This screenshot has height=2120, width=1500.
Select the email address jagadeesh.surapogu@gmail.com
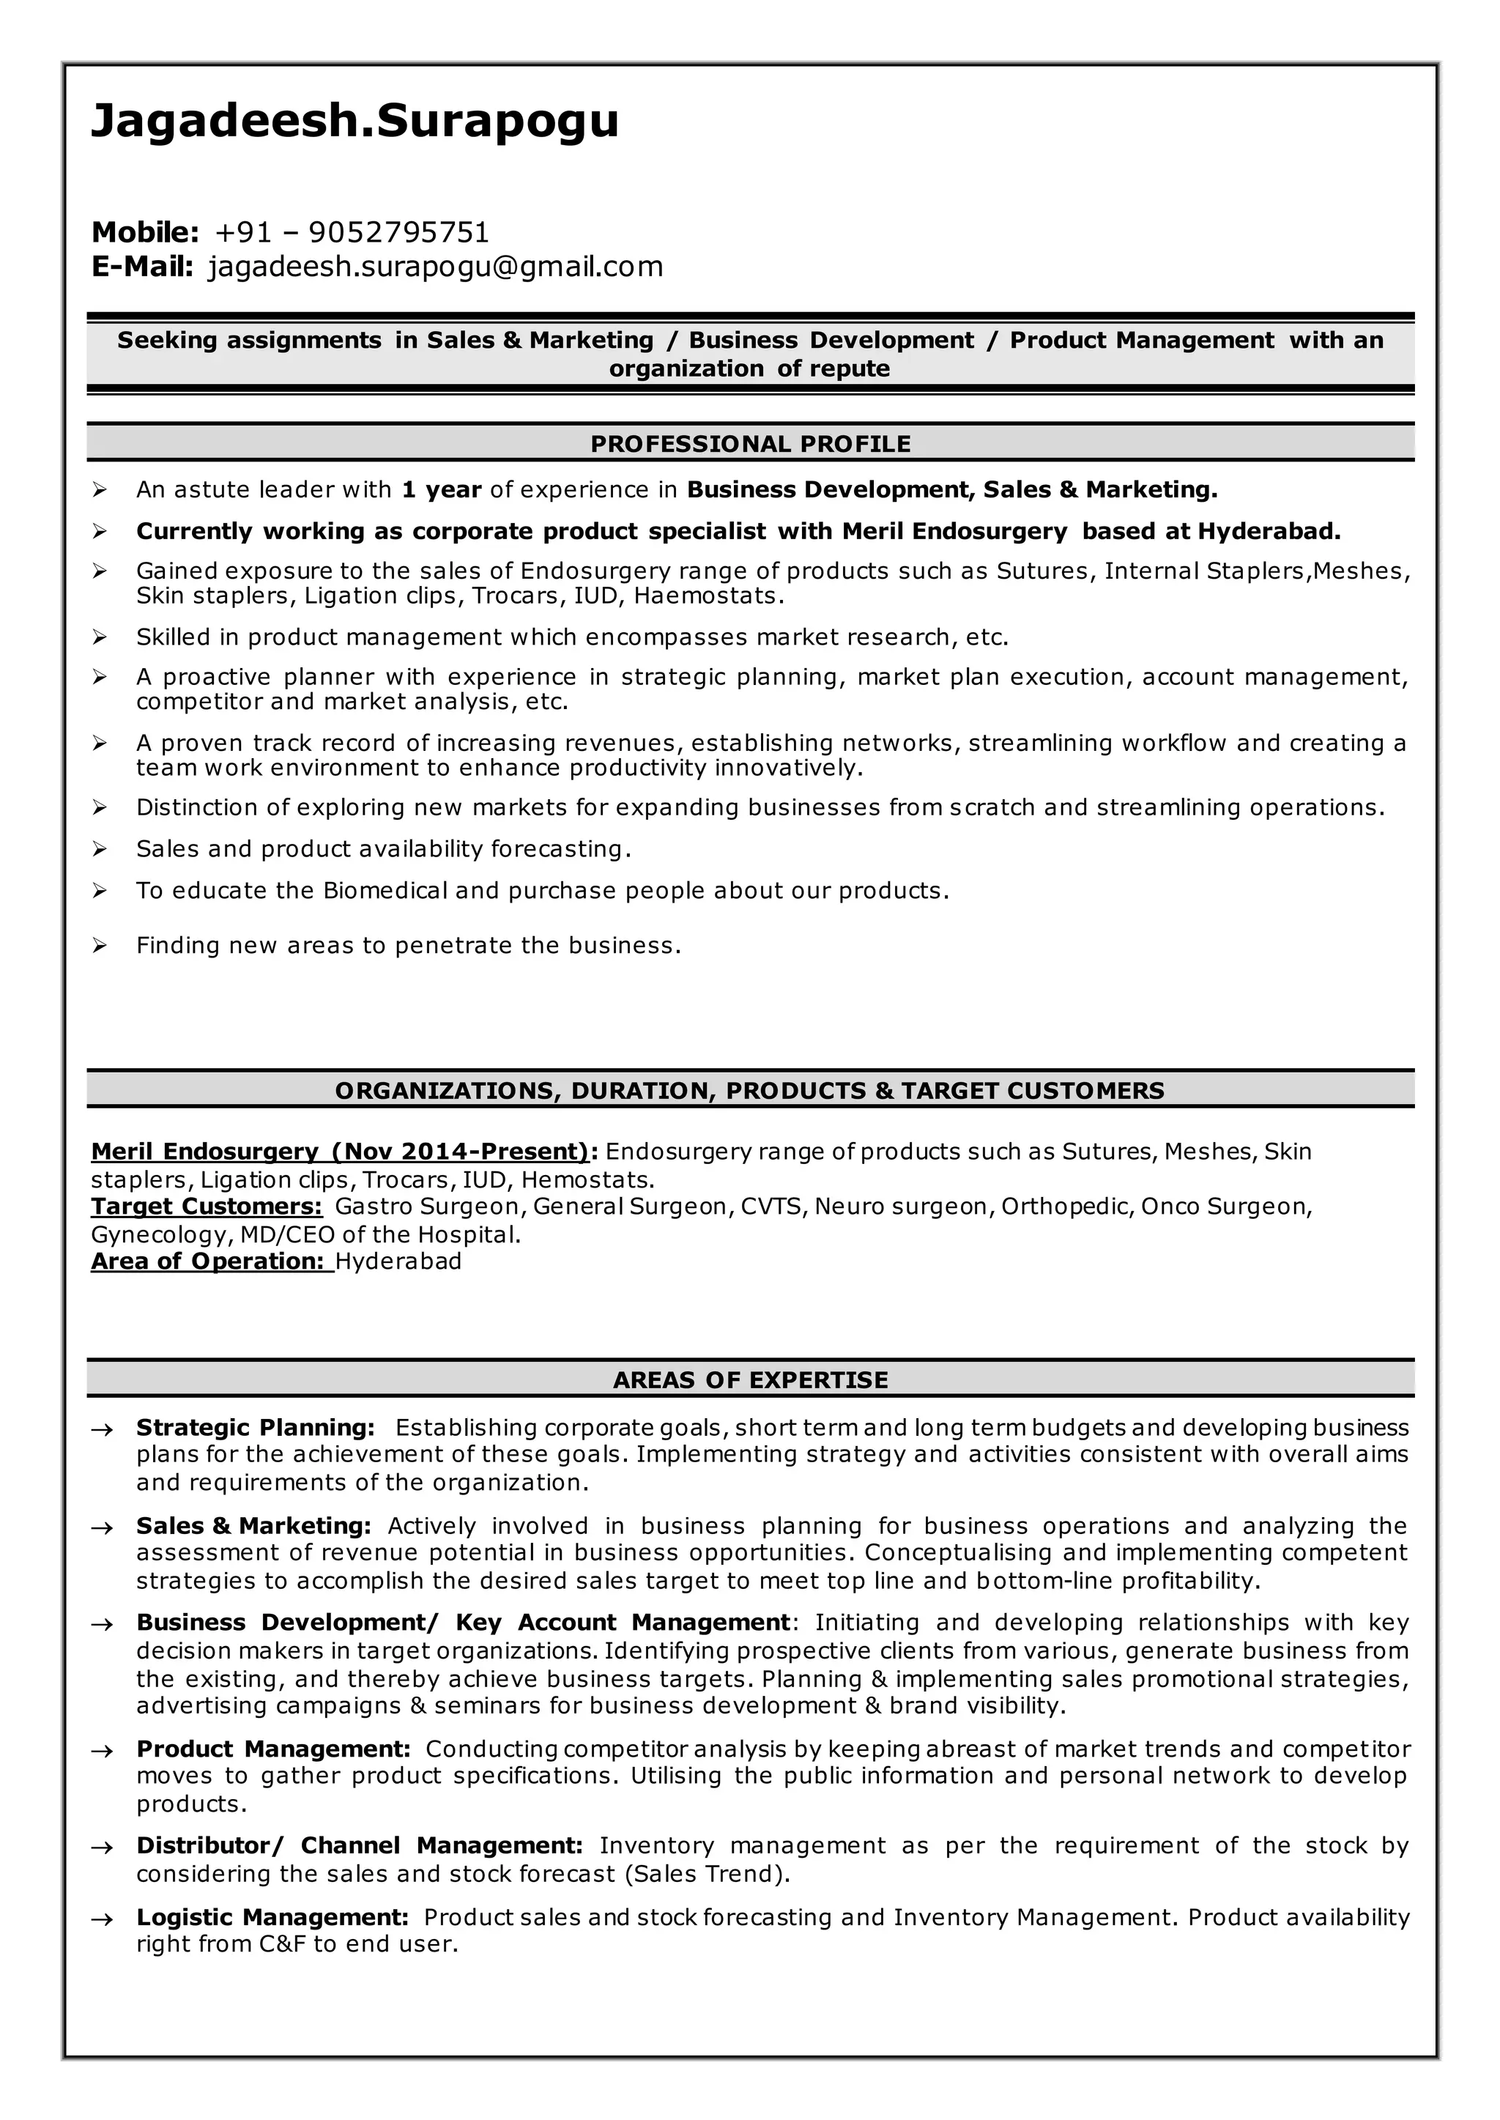[x=436, y=267]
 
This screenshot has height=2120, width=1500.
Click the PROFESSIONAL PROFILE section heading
[x=750, y=445]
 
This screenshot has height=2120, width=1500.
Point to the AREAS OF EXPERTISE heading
[x=750, y=1380]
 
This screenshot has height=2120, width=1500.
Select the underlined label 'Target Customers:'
[x=206, y=1207]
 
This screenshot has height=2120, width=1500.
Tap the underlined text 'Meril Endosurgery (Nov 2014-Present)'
[x=339, y=1152]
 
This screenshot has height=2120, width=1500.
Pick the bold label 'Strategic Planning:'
[x=255, y=1428]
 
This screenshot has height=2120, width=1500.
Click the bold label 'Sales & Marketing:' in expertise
[x=253, y=1526]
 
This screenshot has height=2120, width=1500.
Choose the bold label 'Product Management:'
[x=273, y=1749]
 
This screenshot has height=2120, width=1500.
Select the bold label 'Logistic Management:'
[x=272, y=1917]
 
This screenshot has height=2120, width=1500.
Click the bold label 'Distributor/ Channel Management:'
[x=360, y=1845]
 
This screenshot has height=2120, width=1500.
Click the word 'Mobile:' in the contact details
[x=145, y=232]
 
